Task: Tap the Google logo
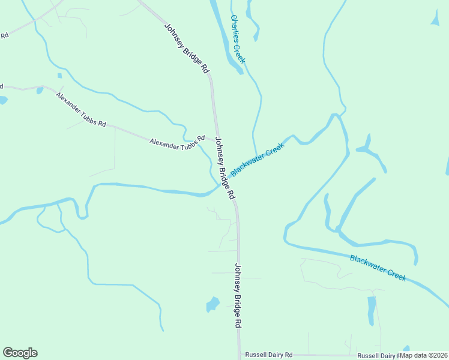point(20,353)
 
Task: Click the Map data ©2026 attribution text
point(424,355)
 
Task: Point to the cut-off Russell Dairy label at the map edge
point(378,355)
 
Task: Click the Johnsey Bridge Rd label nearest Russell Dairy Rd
point(238,295)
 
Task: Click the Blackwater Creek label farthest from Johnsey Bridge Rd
point(378,267)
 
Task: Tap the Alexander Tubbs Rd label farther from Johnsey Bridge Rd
point(81,109)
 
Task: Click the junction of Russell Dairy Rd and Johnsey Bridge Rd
point(239,355)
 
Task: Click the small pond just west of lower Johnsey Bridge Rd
point(212,305)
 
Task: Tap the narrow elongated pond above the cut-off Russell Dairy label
point(372,311)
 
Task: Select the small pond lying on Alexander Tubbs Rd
point(40,91)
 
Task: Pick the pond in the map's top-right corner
point(435,19)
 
